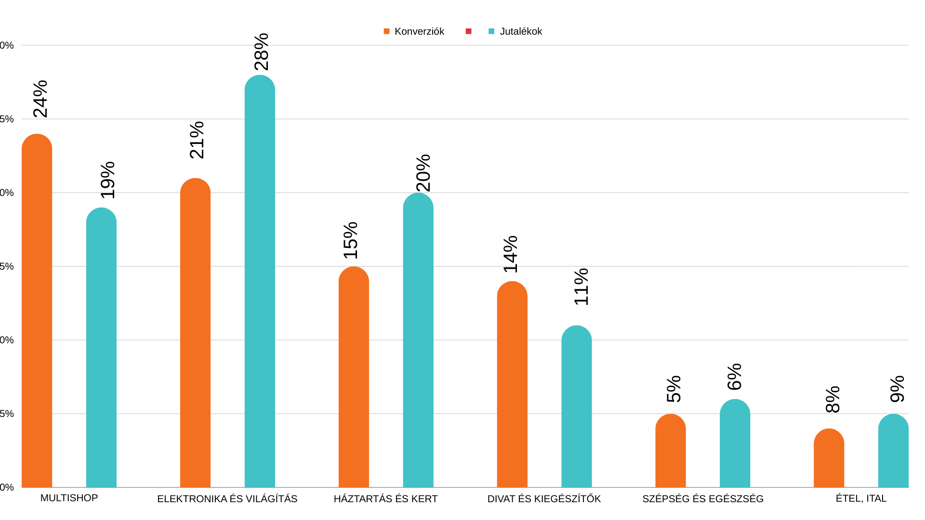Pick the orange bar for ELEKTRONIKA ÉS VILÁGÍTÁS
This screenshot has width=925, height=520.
(x=195, y=333)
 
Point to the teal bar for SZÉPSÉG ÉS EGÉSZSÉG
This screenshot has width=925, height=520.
(x=735, y=443)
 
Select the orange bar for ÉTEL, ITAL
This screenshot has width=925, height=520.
(x=829, y=458)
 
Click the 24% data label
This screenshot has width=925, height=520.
(x=41, y=99)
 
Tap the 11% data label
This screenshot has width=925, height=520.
(x=581, y=286)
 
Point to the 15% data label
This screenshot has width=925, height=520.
(x=351, y=240)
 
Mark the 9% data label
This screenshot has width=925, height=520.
(x=898, y=389)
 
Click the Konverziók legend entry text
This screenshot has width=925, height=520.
(x=419, y=31)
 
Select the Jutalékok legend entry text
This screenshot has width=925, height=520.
(x=521, y=31)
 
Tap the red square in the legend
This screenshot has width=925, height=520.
(x=468, y=31)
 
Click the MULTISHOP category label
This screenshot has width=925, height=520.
(x=69, y=498)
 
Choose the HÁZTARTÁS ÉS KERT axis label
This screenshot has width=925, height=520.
(x=385, y=499)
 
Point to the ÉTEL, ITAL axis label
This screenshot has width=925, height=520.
(x=861, y=498)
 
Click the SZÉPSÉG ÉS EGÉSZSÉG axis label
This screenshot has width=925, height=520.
(x=703, y=499)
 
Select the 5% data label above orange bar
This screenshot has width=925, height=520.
(x=674, y=389)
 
